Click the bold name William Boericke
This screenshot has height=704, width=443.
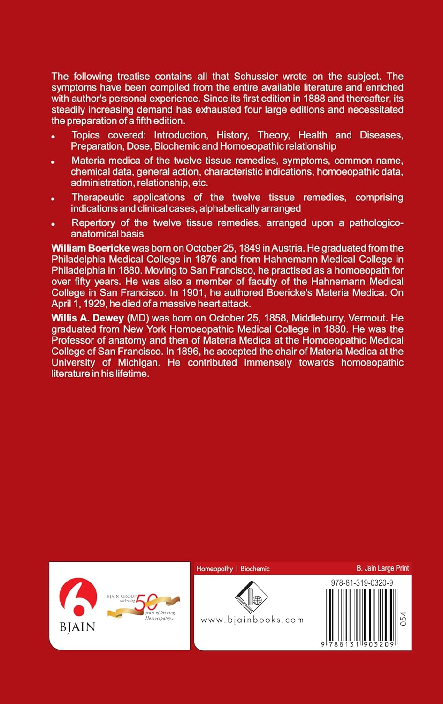pos(90,248)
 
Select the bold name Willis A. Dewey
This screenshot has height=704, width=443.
pos(87,318)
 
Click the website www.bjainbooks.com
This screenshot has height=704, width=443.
pos(252,620)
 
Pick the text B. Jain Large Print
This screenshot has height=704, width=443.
pos(382,568)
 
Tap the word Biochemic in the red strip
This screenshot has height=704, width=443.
pos(255,569)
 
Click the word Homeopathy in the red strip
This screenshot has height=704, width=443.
pos(214,569)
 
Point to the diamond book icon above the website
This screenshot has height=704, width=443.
pos(251,597)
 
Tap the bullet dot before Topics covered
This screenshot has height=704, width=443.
pos(53,137)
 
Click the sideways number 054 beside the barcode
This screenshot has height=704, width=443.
pos(403,619)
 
